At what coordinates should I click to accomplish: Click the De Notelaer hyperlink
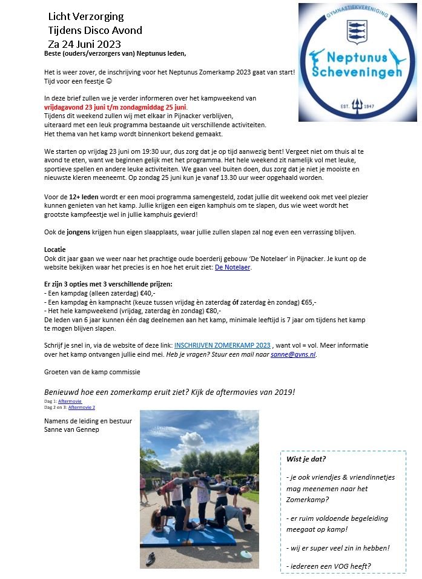tap(232, 266)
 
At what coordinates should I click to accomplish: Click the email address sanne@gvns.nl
tap(293, 354)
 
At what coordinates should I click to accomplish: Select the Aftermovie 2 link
tap(81, 408)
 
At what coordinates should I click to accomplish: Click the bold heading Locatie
tap(55, 250)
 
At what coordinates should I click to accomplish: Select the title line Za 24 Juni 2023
tap(84, 44)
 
